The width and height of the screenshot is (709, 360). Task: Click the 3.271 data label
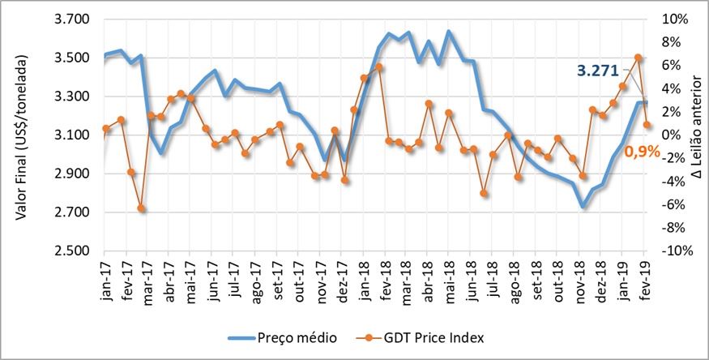tap(600, 71)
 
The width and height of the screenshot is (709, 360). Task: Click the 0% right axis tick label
tap(672, 135)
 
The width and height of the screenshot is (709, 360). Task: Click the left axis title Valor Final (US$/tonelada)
tap(23, 135)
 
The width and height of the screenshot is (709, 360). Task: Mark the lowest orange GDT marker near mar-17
tap(141, 208)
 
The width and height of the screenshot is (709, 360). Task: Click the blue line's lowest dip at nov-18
tap(583, 207)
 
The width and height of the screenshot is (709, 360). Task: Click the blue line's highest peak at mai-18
tap(449, 32)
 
